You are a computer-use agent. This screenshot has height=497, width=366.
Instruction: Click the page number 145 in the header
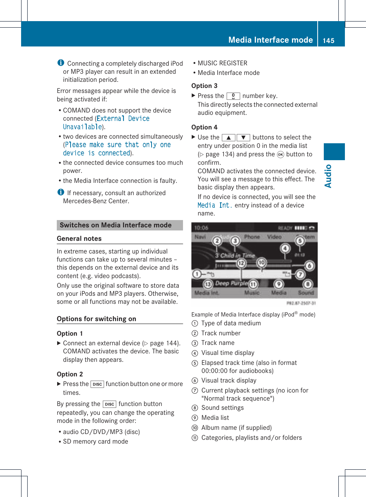[328, 41]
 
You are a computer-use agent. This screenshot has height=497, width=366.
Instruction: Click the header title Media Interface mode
[270, 40]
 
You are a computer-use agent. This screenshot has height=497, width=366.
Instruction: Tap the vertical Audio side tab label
[328, 176]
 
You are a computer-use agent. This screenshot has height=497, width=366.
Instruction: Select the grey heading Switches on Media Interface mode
[115, 225]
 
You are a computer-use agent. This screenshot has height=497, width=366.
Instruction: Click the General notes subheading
[79, 239]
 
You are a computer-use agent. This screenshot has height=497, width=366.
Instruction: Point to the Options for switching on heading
[96, 319]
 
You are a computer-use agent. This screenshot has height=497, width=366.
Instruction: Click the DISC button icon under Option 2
[97, 384]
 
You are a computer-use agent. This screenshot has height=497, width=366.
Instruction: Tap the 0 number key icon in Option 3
[233, 96]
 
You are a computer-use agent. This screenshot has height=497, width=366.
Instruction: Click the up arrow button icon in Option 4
[228, 138]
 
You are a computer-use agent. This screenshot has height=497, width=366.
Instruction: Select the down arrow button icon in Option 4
[243, 138]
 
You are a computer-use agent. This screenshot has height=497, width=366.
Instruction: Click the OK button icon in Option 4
[280, 154]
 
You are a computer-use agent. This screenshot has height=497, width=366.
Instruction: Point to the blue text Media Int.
[214, 205]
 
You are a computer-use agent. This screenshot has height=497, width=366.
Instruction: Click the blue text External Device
[123, 119]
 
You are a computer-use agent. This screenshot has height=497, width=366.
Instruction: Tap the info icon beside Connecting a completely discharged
[61, 63]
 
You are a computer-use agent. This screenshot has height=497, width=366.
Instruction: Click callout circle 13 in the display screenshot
[208, 284]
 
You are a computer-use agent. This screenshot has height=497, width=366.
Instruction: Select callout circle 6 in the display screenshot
[309, 265]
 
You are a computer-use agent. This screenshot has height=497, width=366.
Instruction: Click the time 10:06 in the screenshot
[201, 228]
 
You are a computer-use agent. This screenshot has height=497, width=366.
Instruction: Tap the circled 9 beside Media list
[195, 418]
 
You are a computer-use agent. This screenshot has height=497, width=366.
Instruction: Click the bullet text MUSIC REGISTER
[222, 63]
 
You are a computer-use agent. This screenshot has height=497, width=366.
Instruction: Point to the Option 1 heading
[70, 333]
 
